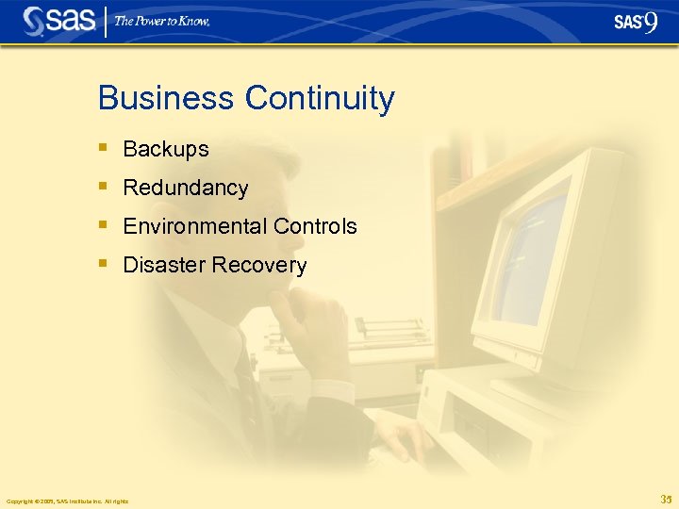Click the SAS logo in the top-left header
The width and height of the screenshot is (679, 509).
[59, 21]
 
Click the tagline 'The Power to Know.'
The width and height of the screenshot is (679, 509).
[162, 21]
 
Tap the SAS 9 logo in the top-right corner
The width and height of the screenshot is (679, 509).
[635, 22]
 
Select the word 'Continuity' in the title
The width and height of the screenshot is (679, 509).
[320, 98]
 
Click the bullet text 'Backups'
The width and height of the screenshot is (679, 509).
[166, 149]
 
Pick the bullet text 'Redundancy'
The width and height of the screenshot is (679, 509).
[186, 188]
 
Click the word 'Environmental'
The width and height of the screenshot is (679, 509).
[195, 226]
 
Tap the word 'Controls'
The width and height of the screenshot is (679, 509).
[315, 226]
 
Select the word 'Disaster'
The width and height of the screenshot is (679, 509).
[164, 265]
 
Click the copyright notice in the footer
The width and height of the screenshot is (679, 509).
[67, 501]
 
